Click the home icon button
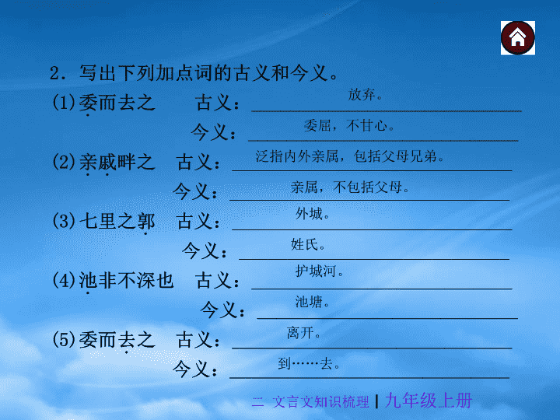point(517,38)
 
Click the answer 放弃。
point(365,95)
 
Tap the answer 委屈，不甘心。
point(348,126)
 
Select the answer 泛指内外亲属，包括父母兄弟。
point(349,156)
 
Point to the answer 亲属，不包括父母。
point(350,187)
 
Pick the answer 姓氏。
point(307,245)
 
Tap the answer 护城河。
point(319,271)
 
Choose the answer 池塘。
point(312,302)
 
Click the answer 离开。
point(303,333)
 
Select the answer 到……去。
point(309,363)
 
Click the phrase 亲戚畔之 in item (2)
point(117,163)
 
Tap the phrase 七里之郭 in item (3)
point(117,222)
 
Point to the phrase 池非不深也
point(126,280)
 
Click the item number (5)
point(64,339)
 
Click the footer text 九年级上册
point(429,401)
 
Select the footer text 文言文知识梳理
point(320,402)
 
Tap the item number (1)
point(64,103)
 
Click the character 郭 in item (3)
point(145,222)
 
